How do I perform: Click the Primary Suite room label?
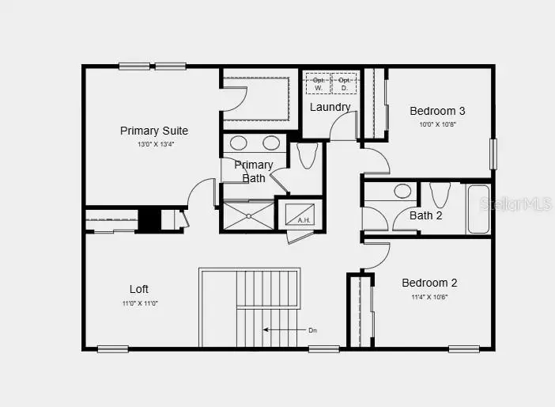pyautogui.click(x=154, y=131)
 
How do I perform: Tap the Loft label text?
pyautogui.click(x=139, y=289)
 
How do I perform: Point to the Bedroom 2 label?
pyautogui.click(x=429, y=283)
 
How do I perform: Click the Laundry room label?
pyautogui.click(x=330, y=107)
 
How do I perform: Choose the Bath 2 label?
pyautogui.click(x=425, y=215)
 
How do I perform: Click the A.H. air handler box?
pyautogui.click(x=299, y=213)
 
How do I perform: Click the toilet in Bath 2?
pyautogui.click(x=440, y=194)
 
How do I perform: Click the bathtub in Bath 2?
pyautogui.click(x=479, y=209)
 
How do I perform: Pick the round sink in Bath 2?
pyautogui.click(x=402, y=191)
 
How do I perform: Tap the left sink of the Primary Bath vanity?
pyautogui.click(x=235, y=143)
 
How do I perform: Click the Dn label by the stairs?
pyautogui.click(x=314, y=329)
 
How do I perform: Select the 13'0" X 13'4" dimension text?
pyautogui.click(x=154, y=145)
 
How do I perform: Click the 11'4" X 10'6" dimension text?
pyautogui.click(x=429, y=297)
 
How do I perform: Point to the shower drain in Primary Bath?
pyautogui.click(x=248, y=215)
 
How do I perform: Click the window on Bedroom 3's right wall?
pyautogui.click(x=493, y=154)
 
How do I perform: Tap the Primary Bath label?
pyautogui.click(x=254, y=171)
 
